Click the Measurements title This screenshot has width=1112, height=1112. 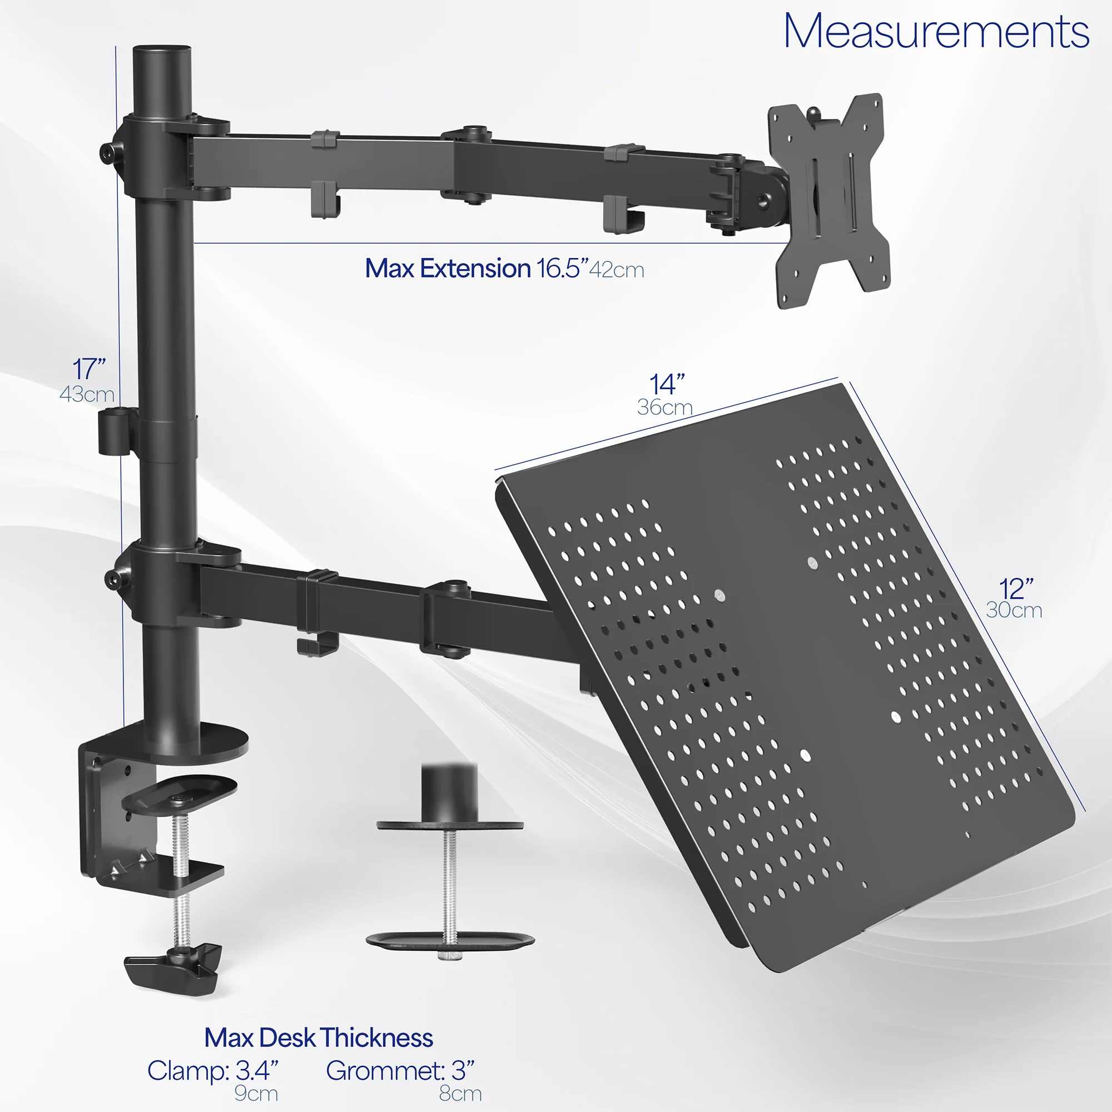(x=936, y=32)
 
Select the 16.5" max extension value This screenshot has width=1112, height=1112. (x=562, y=269)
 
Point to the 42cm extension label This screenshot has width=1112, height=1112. (x=617, y=270)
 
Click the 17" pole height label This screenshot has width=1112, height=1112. (x=89, y=369)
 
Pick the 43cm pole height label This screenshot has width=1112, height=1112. (x=87, y=394)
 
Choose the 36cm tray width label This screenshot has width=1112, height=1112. (x=665, y=408)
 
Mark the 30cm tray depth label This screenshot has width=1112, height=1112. (x=1014, y=610)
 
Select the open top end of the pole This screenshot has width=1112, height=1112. (x=162, y=51)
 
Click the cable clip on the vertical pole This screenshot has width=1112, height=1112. (x=113, y=431)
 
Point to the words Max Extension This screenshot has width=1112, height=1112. (x=447, y=269)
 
